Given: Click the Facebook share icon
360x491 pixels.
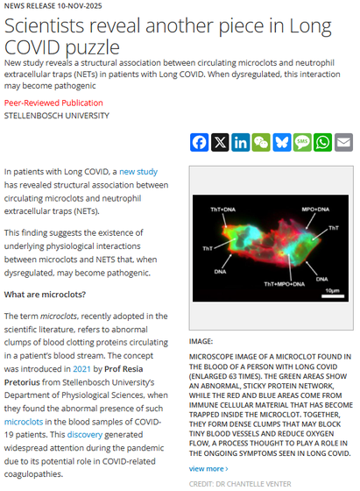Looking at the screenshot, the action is click(x=199, y=142).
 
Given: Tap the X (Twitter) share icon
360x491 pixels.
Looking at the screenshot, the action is click(x=220, y=142).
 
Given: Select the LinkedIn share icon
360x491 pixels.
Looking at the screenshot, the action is click(x=240, y=142).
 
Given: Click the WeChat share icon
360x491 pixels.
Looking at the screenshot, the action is click(x=261, y=142).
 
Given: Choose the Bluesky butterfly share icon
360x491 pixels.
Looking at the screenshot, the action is click(x=281, y=142).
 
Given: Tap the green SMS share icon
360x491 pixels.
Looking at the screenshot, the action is click(x=302, y=142).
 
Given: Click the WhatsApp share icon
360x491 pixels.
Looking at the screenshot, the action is click(x=322, y=142).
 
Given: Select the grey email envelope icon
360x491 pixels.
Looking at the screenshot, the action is click(x=343, y=142).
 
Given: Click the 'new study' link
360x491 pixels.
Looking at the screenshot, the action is click(x=138, y=172).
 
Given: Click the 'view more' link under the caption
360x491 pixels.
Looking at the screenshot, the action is click(x=208, y=468).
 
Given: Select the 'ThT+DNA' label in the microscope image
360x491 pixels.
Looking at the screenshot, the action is click(x=222, y=210).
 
